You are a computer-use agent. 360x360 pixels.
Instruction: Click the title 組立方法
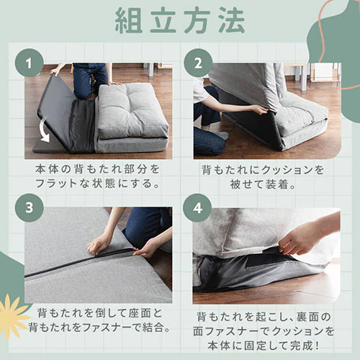[x=179, y=21]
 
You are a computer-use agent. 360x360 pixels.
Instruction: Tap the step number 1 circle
[x=30, y=63]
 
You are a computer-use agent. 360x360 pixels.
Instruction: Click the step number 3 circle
[x=30, y=207]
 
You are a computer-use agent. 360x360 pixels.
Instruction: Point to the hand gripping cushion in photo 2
[x=257, y=110]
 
